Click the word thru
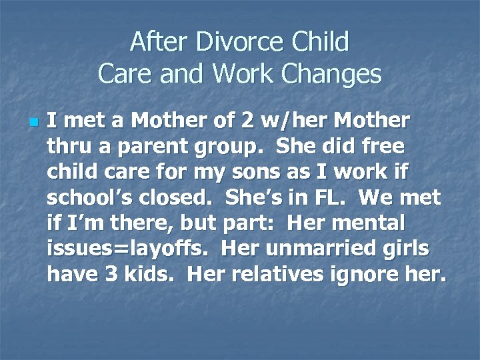(66, 147)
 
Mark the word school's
(85, 197)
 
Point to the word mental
(406, 223)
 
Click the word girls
(405, 249)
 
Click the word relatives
(291, 273)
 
